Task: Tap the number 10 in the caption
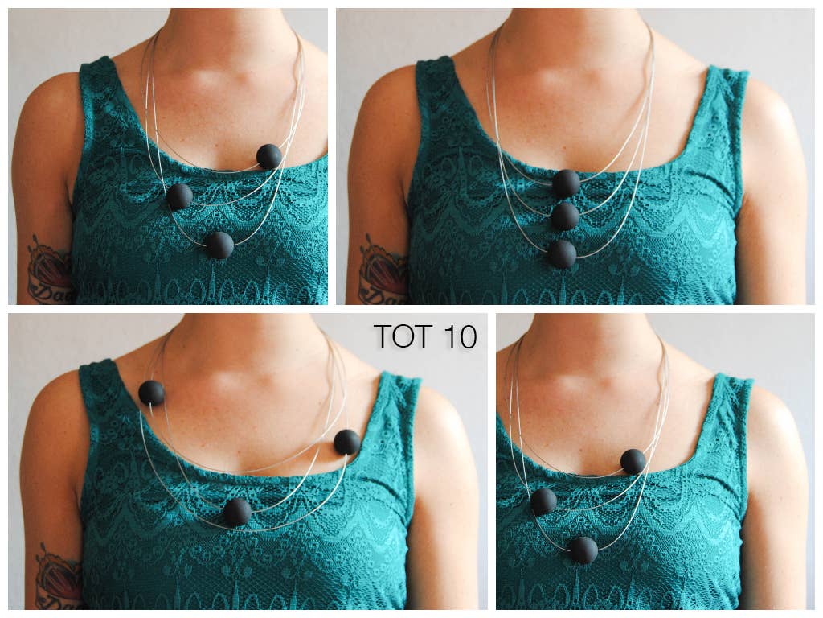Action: [459, 337]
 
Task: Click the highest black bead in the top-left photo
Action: [269, 156]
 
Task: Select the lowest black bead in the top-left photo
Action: [219, 245]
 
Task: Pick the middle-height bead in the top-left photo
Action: [179, 196]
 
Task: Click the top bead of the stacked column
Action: [566, 183]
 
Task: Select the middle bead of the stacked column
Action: [565, 216]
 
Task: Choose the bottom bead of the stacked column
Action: [563, 253]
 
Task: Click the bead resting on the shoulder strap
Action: [151, 393]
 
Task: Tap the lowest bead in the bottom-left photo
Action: [237, 512]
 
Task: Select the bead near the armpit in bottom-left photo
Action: [347, 442]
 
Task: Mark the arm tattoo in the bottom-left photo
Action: [58, 575]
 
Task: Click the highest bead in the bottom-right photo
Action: [633, 461]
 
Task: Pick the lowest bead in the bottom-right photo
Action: [584, 550]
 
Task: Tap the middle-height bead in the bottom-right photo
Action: [543, 501]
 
